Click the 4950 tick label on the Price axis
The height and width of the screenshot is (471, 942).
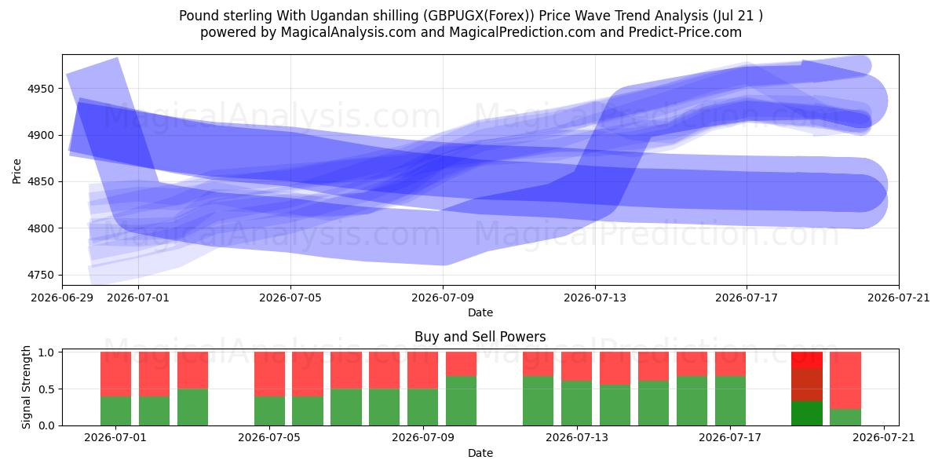pos(41,89)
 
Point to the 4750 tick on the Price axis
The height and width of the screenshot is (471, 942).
pos(41,276)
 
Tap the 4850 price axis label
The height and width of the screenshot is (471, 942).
pos(41,182)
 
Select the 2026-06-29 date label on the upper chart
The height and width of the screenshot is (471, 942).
pos(62,298)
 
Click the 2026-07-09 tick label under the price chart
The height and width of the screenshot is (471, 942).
pos(443,298)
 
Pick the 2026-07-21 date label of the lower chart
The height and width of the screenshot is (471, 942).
pos(884,438)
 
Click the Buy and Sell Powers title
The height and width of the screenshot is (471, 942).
pos(480,337)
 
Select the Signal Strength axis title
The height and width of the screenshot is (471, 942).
pos(26,387)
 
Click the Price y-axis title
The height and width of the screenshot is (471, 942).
pos(16,171)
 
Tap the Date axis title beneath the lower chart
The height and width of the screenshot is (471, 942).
pos(480,453)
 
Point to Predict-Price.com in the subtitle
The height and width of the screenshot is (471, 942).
pos(685,32)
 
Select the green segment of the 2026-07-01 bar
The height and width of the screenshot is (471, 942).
pos(115,411)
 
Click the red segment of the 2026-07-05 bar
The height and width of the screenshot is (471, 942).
pos(269,374)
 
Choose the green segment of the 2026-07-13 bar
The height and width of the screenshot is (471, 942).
pos(576,403)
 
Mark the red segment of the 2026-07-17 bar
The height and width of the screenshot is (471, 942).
pos(731,364)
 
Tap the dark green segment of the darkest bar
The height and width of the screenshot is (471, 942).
pos(807,414)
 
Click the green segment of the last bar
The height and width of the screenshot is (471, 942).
pos(845,418)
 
